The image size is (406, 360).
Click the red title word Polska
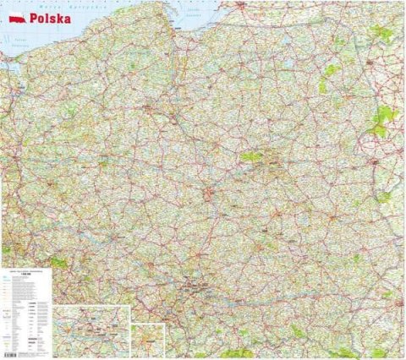49,16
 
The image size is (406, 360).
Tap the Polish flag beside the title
15,16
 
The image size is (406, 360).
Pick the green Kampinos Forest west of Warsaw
252,156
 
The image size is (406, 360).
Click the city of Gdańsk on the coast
178,38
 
